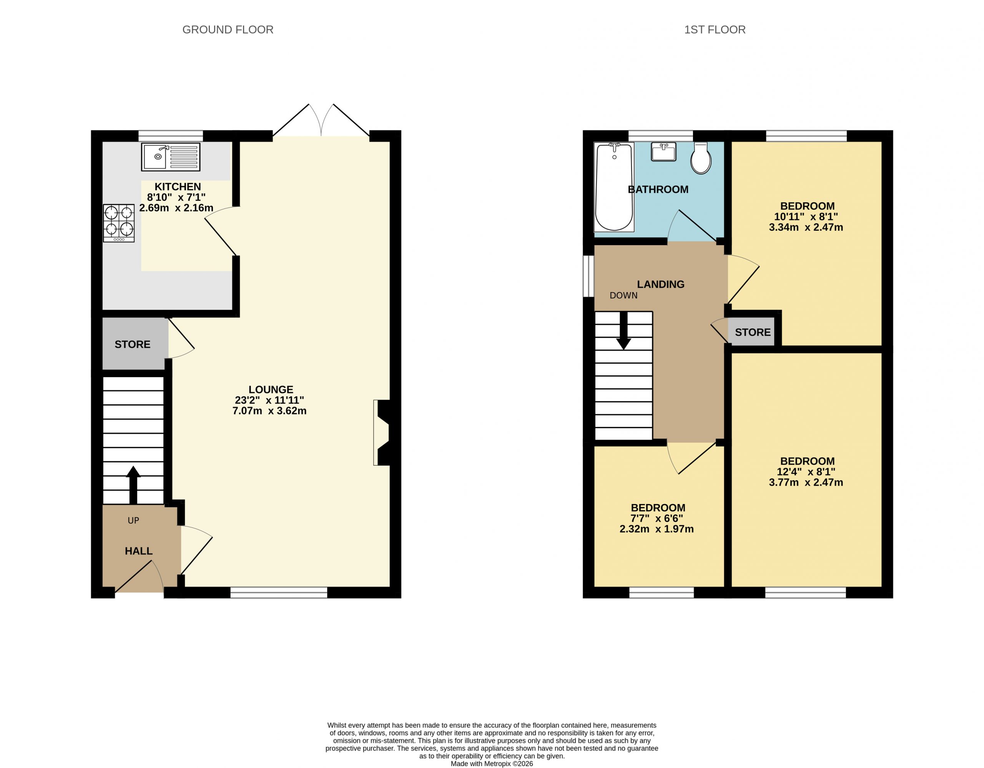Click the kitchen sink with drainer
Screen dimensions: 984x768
(x=170, y=157)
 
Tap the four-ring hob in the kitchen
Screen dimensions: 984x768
(x=119, y=223)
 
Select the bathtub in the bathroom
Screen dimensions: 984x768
(x=614, y=187)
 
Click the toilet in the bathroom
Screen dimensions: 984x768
(x=701, y=158)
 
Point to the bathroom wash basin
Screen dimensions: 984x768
(x=664, y=152)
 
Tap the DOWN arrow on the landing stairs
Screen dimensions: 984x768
(x=623, y=331)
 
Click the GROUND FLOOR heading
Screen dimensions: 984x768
(x=228, y=30)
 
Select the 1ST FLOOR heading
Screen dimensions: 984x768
(x=715, y=30)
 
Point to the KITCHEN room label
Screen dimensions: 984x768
(x=178, y=187)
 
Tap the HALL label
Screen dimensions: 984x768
(x=139, y=551)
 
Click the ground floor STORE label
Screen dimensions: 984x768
(x=133, y=344)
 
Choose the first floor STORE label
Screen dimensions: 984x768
(x=753, y=332)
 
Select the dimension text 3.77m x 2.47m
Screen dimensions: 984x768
(x=806, y=483)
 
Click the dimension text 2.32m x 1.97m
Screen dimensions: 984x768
(x=657, y=529)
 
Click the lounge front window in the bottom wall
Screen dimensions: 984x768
(x=279, y=593)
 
